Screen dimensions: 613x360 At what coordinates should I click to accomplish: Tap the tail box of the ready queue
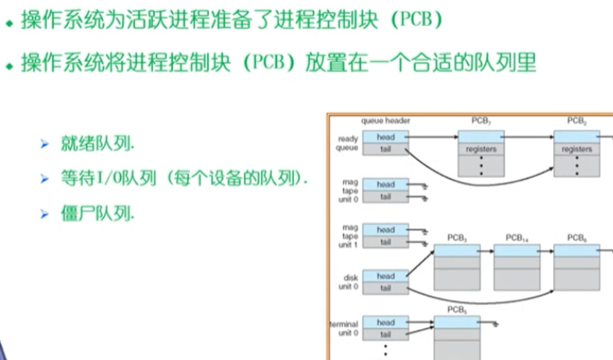click(x=385, y=149)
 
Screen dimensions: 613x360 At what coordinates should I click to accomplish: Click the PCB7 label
click(x=480, y=121)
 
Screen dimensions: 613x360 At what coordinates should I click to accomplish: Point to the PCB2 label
click(x=578, y=121)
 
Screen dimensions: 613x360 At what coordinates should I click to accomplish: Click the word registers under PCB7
click(x=481, y=150)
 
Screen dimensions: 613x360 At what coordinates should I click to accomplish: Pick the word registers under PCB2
click(x=578, y=150)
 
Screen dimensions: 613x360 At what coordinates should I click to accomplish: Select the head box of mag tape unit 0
click(x=385, y=185)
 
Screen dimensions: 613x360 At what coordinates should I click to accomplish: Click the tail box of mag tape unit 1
click(x=385, y=242)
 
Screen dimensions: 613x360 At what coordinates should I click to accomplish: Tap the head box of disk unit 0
click(x=385, y=277)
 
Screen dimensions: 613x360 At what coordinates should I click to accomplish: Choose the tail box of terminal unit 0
click(x=385, y=334)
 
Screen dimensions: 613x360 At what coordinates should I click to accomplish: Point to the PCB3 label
click(x=457, y=237)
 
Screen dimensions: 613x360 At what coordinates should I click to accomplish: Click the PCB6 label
click(x=577, y=237)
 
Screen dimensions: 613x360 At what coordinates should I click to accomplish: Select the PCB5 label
click(x=457, y=309)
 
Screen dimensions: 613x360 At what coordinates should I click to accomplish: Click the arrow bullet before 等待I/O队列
click(x=46, y=178)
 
